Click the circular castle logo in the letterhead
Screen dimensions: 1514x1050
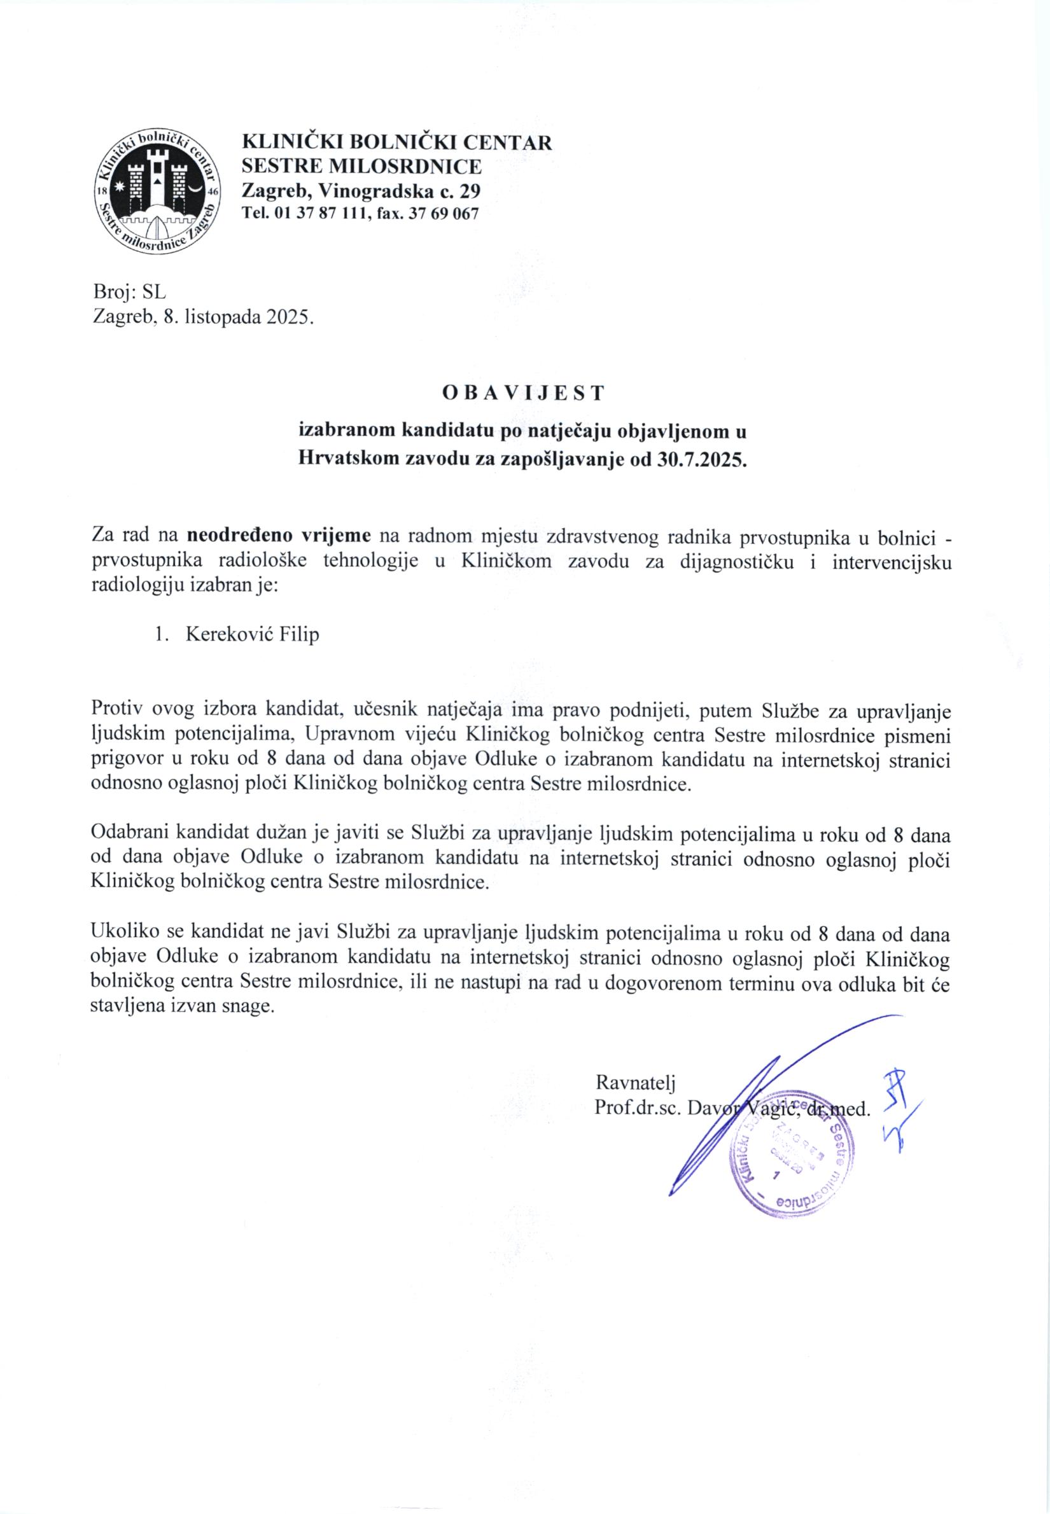point(158,191)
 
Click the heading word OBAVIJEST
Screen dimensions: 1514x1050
point(523,392)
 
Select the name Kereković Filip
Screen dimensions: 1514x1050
point(253,635)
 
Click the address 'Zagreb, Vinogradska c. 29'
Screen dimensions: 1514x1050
point(361,191)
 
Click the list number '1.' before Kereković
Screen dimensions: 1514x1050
point(162,635)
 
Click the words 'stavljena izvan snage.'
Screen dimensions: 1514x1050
point(181,1006)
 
